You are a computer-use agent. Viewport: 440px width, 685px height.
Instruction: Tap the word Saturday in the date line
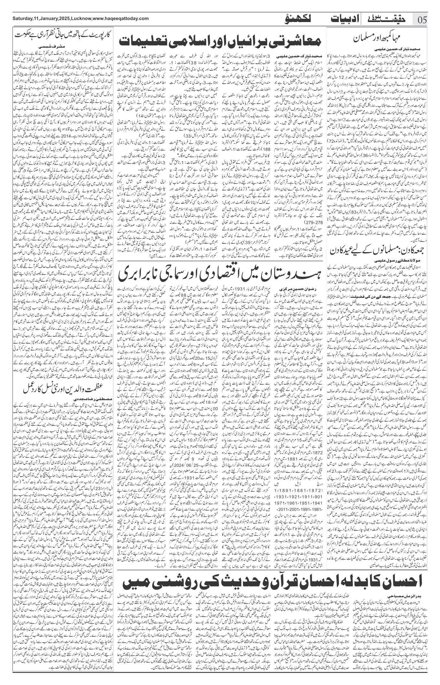click(22, 18)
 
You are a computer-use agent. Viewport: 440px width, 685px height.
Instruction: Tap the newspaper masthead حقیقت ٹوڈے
click(388, 19)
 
